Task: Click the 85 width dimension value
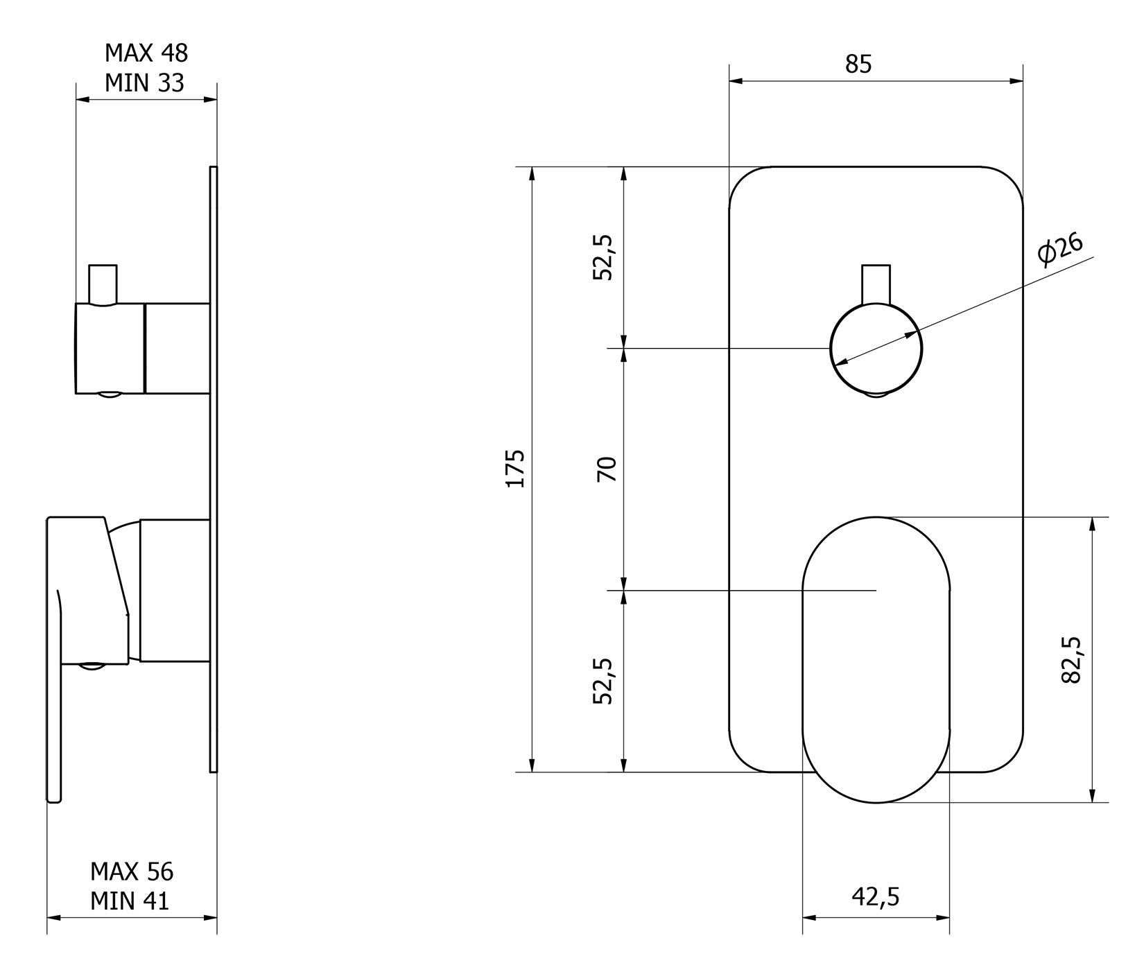[x=858, y=64]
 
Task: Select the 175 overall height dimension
[x=515, y=469]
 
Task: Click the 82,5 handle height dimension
[x=1072, y=659]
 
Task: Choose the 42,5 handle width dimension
[x=875, y=896]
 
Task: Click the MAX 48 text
[x=146, y=53]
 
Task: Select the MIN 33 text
[x=144, y=83]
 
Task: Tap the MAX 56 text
[x=132, y=871]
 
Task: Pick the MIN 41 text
[x=130, y=901]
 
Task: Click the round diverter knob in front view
[x=876, y=349]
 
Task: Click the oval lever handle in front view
[x=876, y=659]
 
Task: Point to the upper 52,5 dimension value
[x=604, y=257]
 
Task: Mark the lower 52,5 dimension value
[x=604, y=681]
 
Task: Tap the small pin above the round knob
[x=876, y=283]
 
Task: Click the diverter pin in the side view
[x=103, y=284]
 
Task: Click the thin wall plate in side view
[x=213, y=469]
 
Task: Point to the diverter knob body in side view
[x=110, y=348]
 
